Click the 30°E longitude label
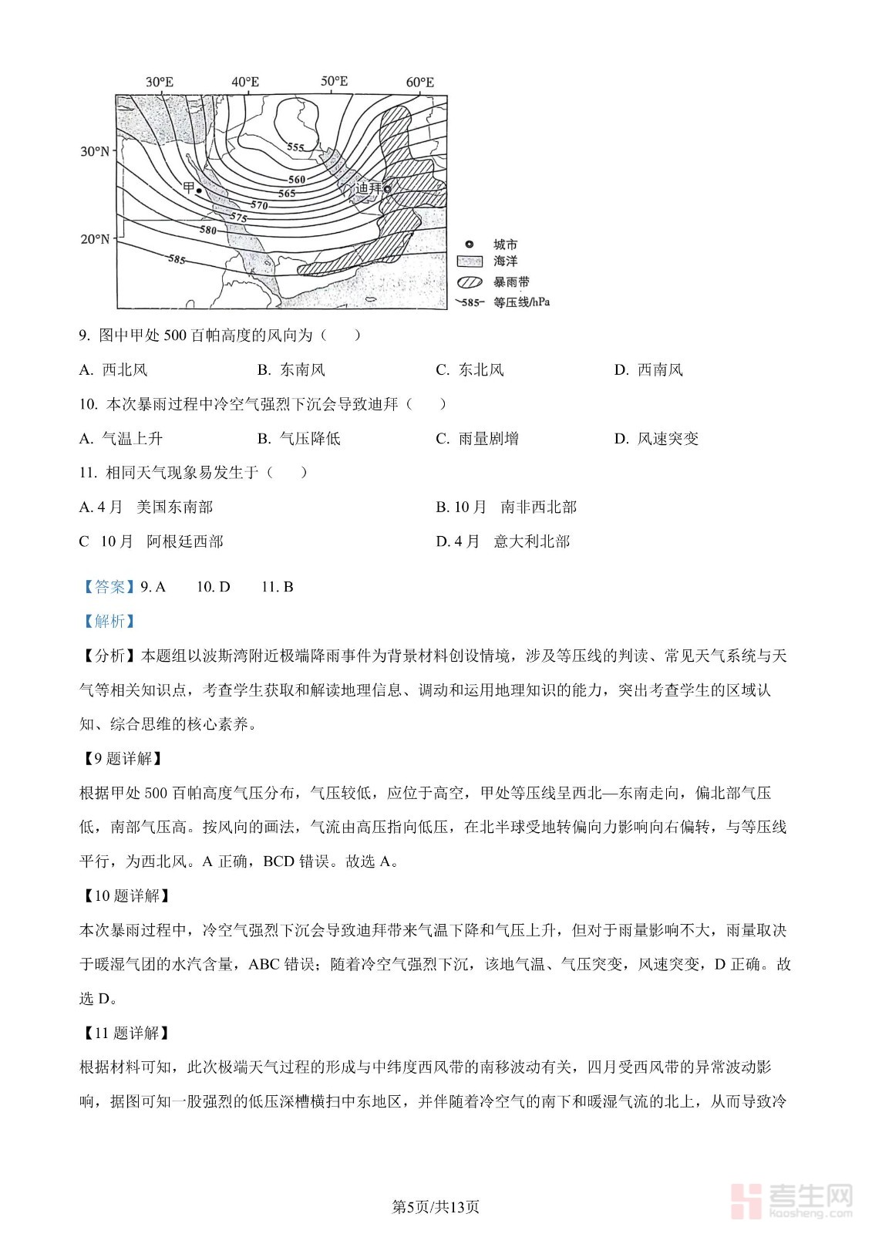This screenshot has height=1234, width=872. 160,82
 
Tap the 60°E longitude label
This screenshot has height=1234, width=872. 419,82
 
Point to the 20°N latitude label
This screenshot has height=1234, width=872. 95,239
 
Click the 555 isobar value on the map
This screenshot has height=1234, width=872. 295,147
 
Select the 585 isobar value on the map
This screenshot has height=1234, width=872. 177,259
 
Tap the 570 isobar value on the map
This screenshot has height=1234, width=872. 259,205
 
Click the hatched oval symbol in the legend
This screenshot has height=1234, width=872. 470,282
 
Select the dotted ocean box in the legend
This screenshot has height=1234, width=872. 470,262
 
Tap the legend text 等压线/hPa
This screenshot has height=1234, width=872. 521,302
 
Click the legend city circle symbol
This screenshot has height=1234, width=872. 470,244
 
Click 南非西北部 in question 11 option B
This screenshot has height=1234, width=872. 538,507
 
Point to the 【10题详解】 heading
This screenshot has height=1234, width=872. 126,895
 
